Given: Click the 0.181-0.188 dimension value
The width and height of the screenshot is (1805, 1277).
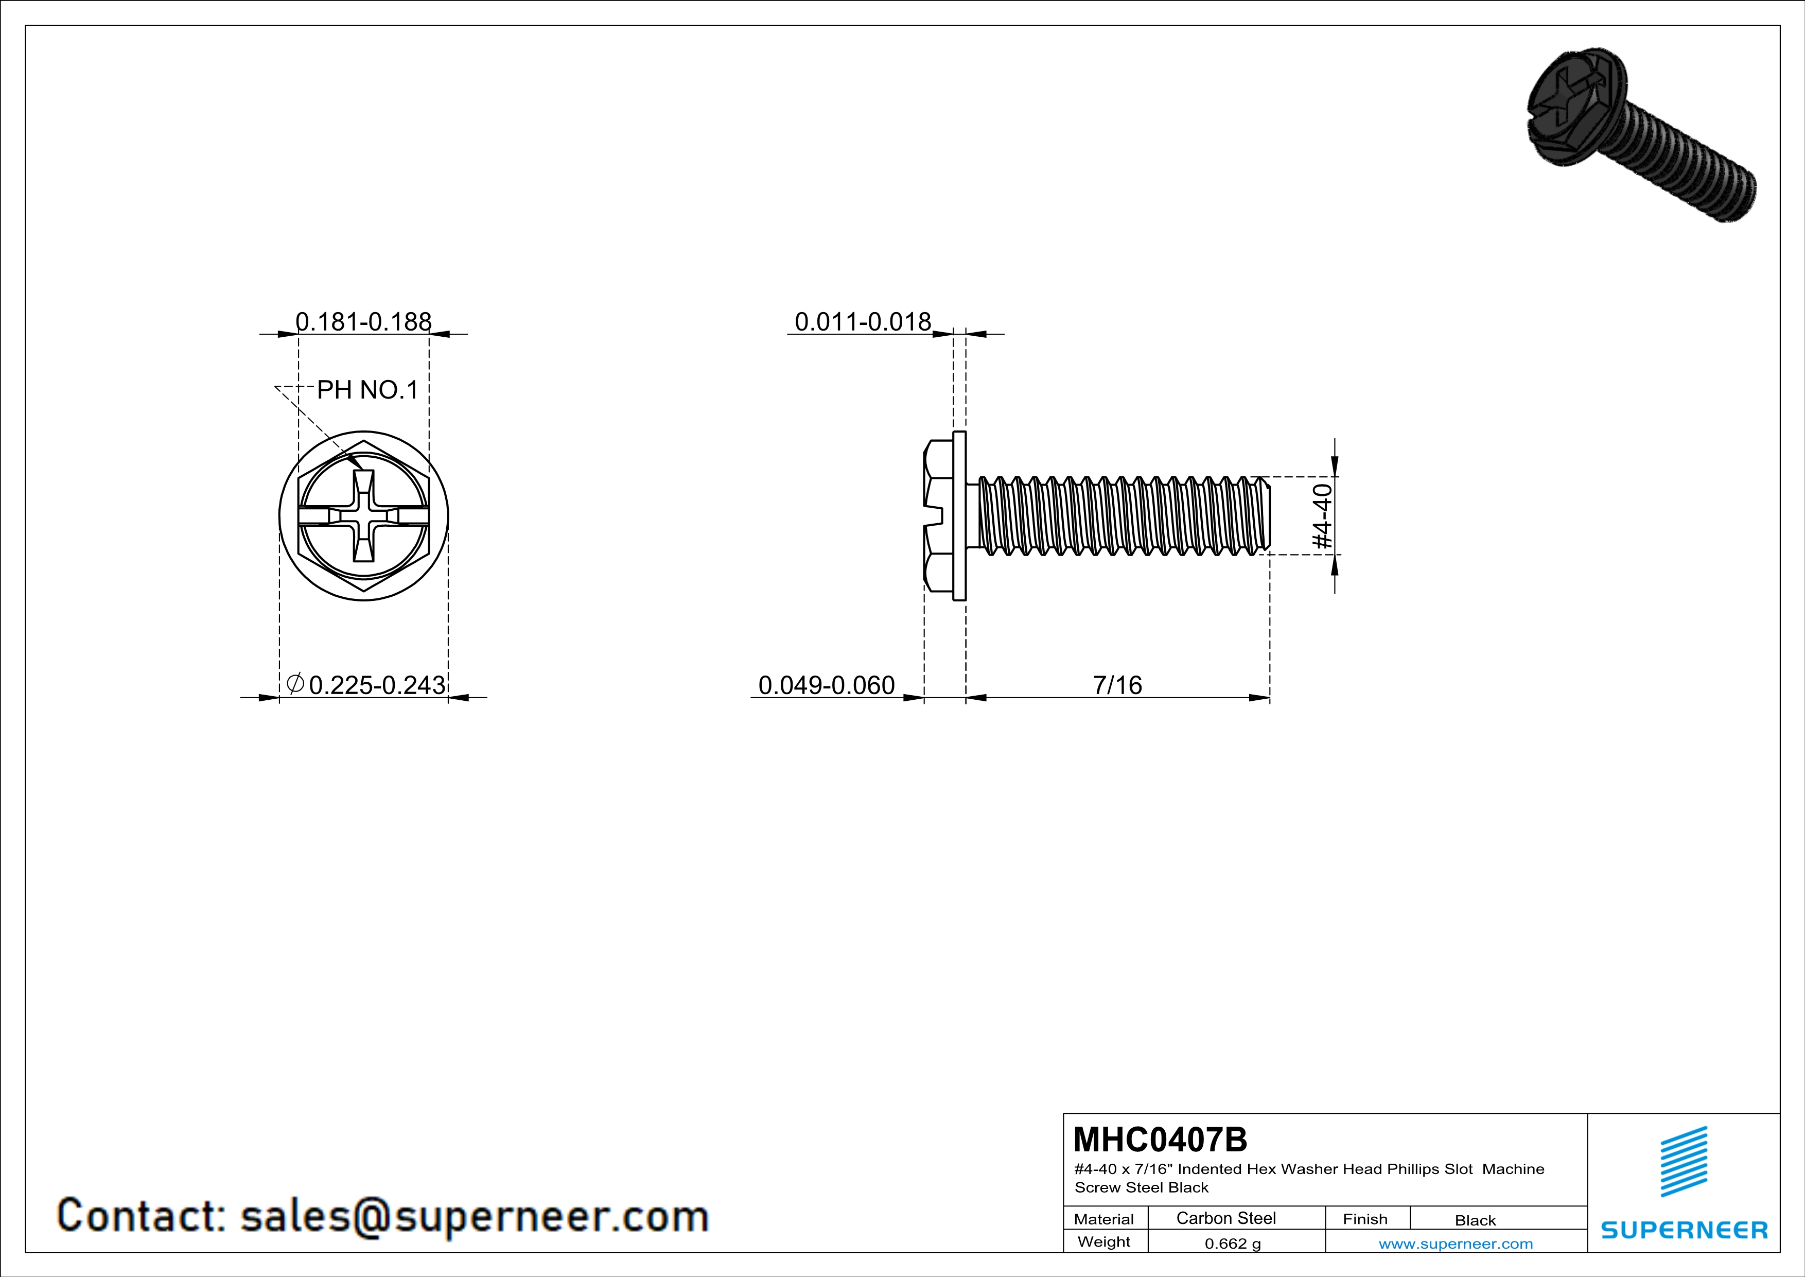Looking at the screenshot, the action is [x=363, y=322].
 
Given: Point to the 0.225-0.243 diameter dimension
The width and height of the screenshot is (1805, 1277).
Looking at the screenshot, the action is [x=367, y=685].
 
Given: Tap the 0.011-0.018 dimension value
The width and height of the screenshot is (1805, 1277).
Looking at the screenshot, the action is [x=863, y=322].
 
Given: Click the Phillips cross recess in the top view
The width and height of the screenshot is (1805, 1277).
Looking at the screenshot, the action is [x=364, y=516].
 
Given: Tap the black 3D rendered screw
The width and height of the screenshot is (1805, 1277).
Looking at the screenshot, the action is [x=1641, y=134].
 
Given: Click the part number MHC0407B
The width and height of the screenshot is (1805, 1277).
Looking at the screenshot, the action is [x=1160, y=1140].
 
